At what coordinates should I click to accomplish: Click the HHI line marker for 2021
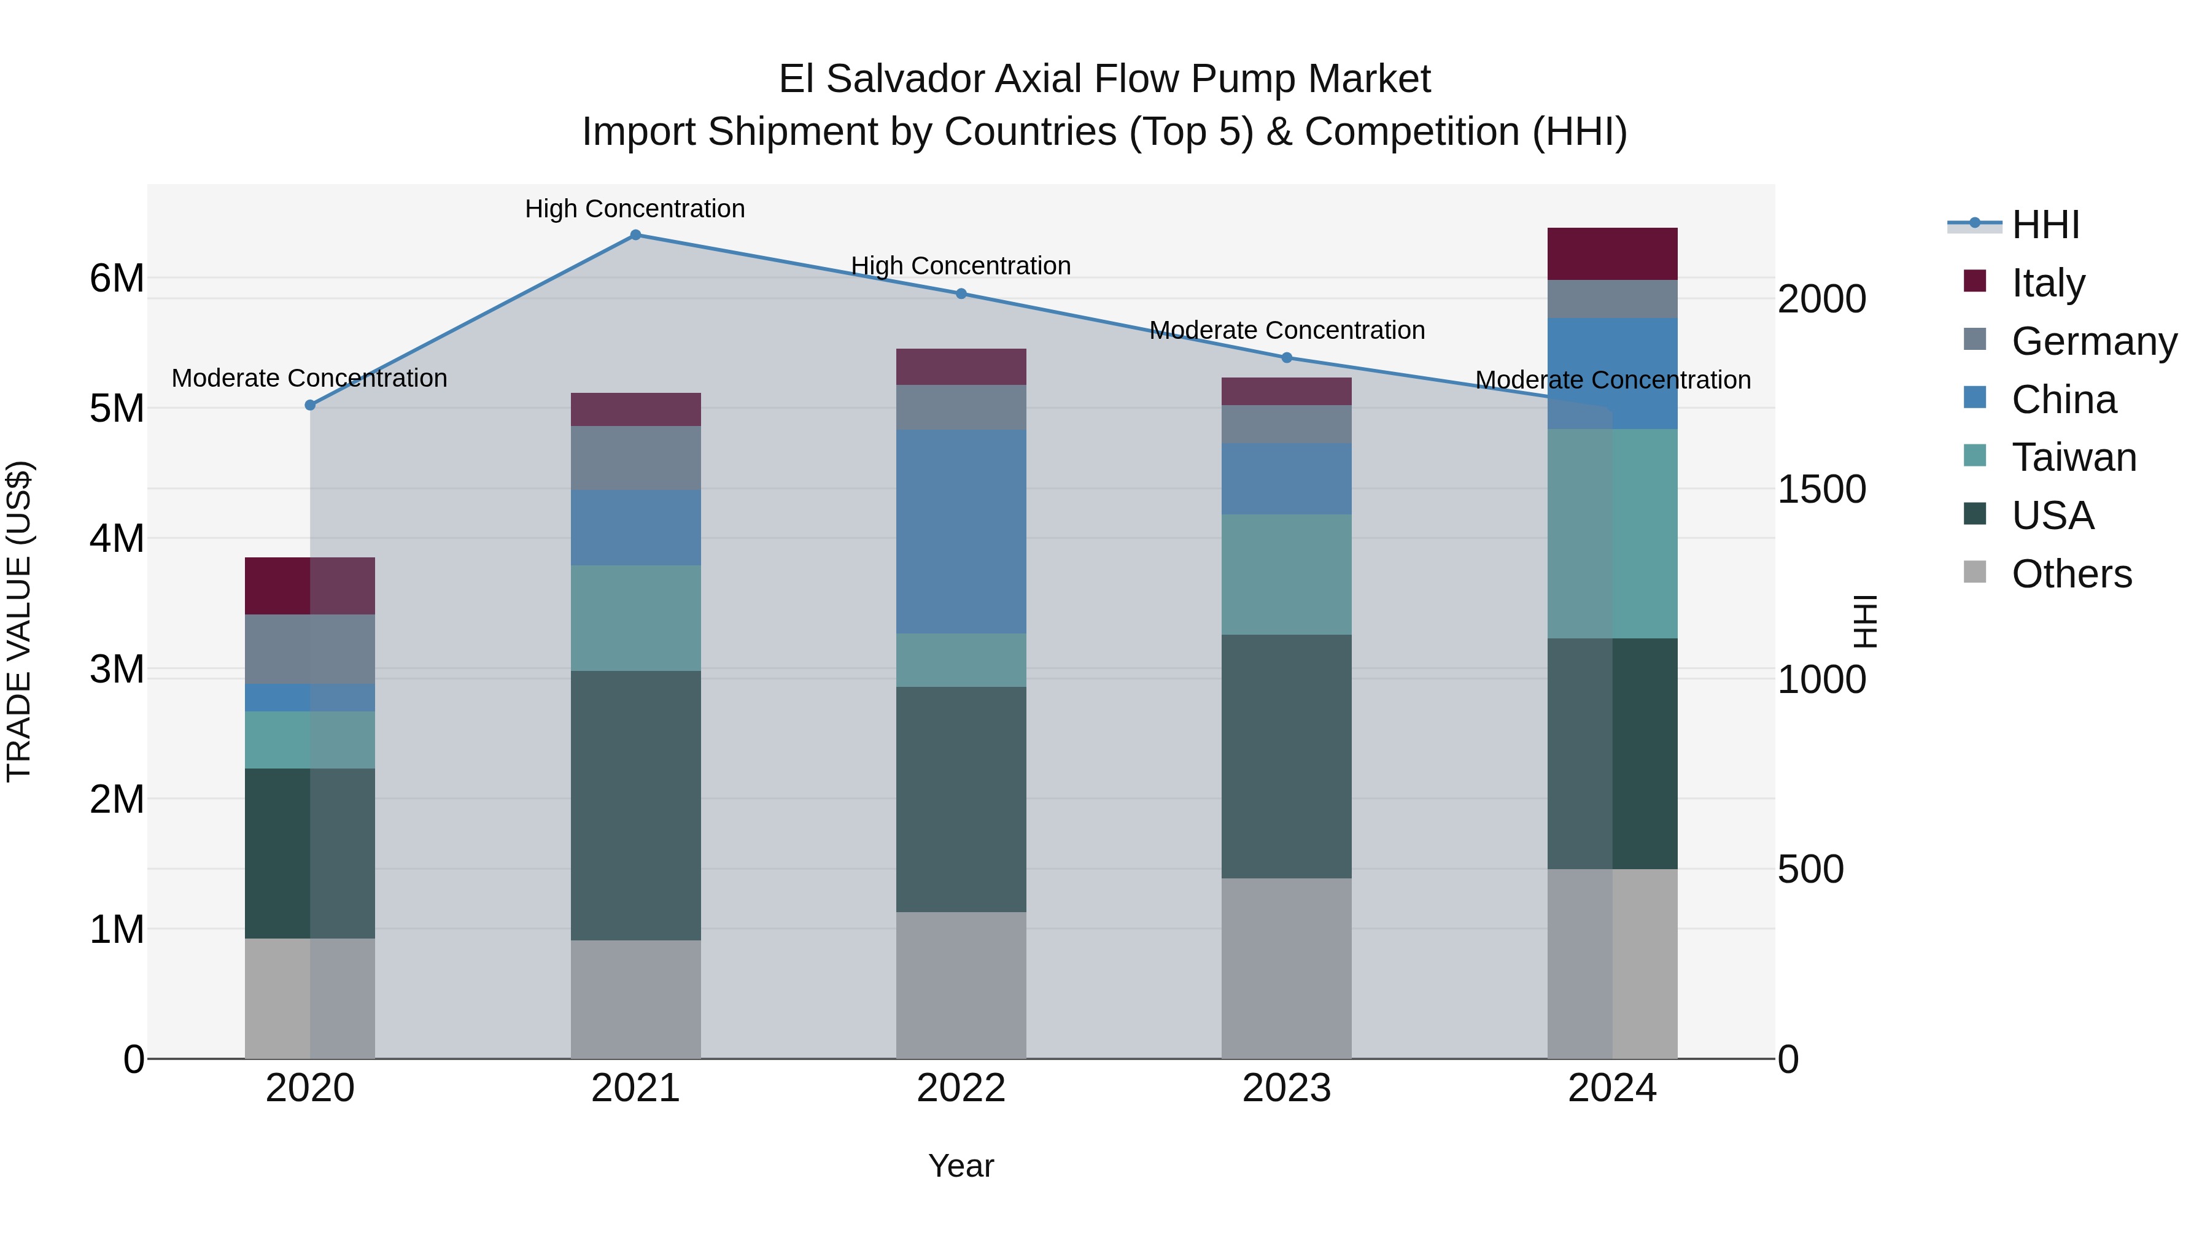click(x=636, y=235)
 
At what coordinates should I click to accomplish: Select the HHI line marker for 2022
click(x=961, y=293)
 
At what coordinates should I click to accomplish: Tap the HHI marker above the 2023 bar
click(x=1286, y=358)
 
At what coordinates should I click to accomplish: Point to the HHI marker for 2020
click(x=311, y=405)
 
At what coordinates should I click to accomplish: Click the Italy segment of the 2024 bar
click(x=1612, y=254)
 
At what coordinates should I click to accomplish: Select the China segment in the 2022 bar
click(x=961, y=532)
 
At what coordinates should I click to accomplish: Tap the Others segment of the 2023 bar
click(x=1286, y=969)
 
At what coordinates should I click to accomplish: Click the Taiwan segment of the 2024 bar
click(x=1612, y=533)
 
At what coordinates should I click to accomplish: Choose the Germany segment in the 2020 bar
click(x=310, y=649)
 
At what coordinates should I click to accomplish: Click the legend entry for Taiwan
click(x=2074, y=457)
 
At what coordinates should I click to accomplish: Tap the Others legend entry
click(x=2071, y=574)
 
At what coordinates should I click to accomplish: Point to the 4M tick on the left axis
click(x=117, y=539)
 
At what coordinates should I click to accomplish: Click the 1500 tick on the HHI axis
click(x=1821, y=490)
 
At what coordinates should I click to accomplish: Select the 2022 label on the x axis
click(x=961, y=1088)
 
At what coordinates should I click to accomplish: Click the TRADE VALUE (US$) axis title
click(x=20, y=621)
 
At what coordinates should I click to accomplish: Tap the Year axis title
click(x=961, y=1166)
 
